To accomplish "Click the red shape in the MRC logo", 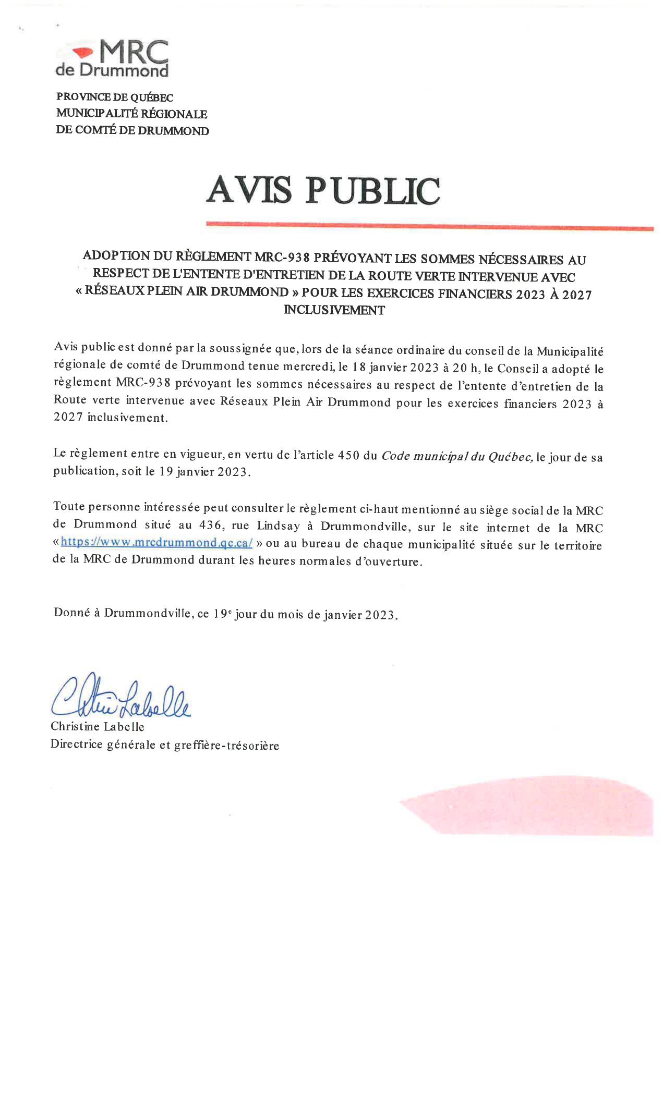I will click(x=83, y=52).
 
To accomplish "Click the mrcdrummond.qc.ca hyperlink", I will click(x=156, y=542).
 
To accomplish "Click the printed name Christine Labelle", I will click(x=97, y=726).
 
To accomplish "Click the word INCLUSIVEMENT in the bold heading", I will click(x=334, y=310).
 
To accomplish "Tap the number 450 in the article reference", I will click(x=348, y=455).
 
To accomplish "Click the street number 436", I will click(x=211, y=526).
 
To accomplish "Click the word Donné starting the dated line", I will click(x=72, y=613).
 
